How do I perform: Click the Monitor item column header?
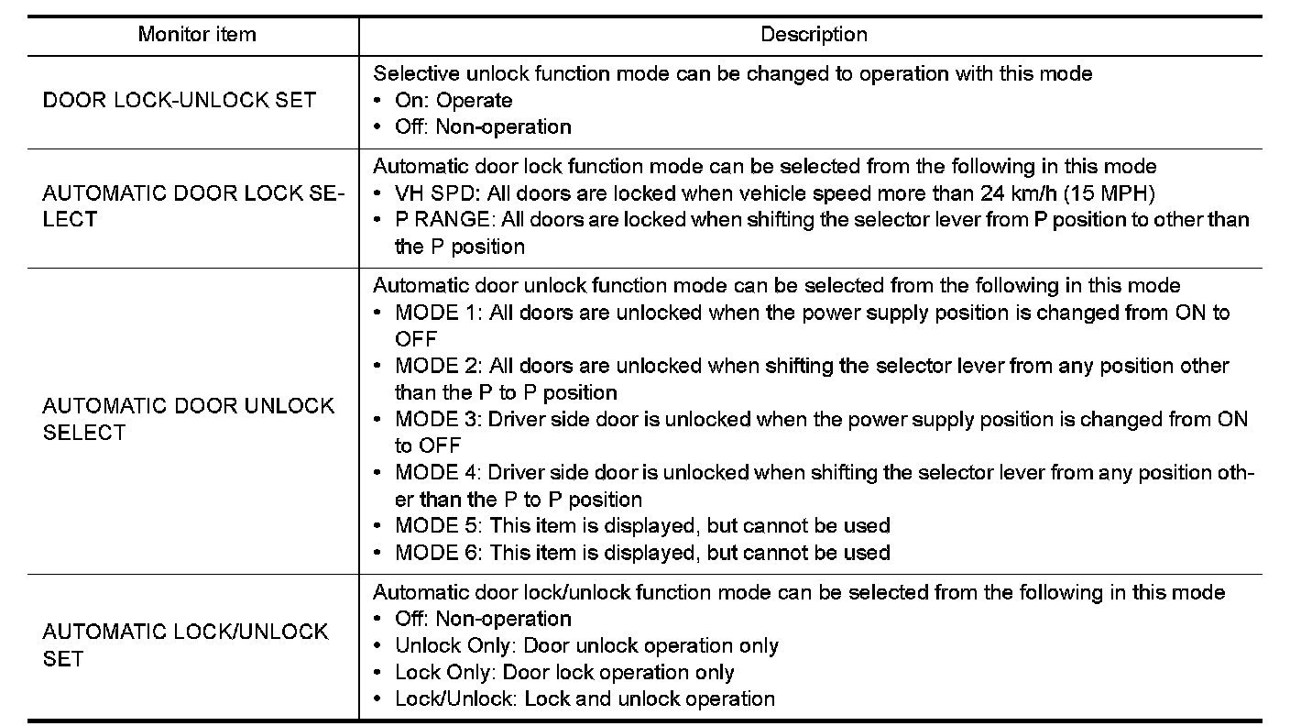[x=197, y=35]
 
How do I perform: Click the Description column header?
[x=814, y=35]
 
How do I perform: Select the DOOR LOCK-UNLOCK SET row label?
[x=180, y=100]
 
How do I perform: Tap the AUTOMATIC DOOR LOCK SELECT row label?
[x=193, y=206]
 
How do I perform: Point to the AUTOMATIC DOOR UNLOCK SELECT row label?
[x=189, y=419]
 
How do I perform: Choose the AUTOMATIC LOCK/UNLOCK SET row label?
[x=185, y=645]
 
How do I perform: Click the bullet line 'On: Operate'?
[x=454, y=100]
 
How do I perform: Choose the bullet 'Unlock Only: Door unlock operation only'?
[x=586, y=645]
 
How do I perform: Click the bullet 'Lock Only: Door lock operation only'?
[x=564, y=672]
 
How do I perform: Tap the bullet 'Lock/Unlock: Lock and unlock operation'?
[x=585, y=698]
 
